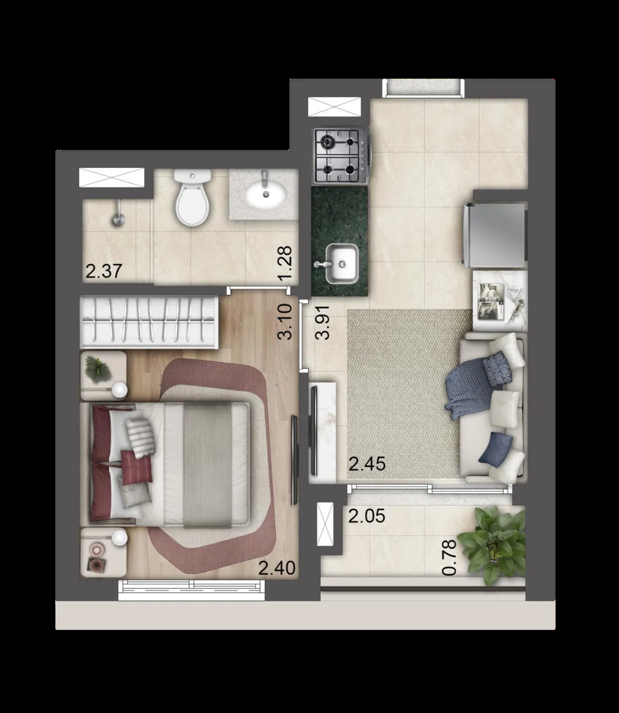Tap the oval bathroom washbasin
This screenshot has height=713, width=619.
(266, 194)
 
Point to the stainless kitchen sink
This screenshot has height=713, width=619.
(341, 264)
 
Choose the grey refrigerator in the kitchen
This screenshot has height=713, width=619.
(495, 235)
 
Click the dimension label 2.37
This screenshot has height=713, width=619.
(103, 271)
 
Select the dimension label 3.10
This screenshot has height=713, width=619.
(285, 321)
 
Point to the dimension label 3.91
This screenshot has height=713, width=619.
(322, 322)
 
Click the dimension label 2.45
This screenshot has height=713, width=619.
(367, 464)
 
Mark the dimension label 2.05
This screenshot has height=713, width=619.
(367, 516)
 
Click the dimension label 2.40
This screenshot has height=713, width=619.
(277, 568)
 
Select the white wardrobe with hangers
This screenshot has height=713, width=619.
(149, 322)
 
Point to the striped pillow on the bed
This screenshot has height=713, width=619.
(141, 437)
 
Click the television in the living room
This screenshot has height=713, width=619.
(314, 430)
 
